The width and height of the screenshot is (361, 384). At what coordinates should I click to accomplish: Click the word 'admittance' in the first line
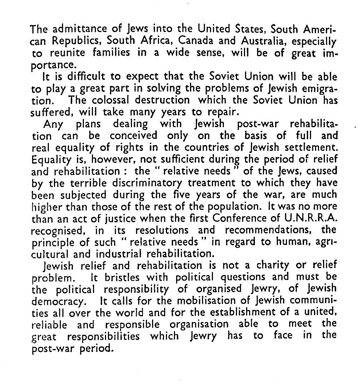73,28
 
